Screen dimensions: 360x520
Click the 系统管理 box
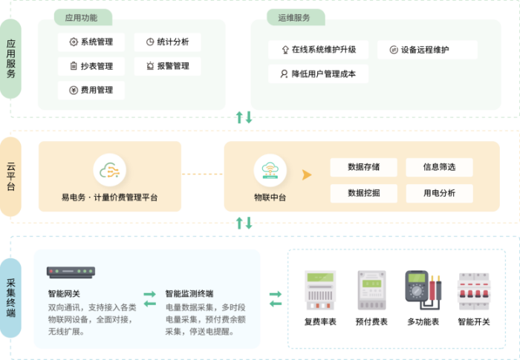(x=91, y=42)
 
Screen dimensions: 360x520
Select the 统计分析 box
(x=167, y=42)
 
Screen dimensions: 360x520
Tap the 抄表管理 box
(x=91, y=66)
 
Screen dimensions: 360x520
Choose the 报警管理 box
(x=167, y=66)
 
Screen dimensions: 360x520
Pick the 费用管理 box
(x=91, y=90)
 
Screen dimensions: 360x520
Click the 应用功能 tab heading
(x=82, y=17)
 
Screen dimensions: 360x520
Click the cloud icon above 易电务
(x=110, y=171)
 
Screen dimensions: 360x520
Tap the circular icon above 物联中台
(x=270, y=171)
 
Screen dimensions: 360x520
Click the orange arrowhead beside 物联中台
(x=305, y=175)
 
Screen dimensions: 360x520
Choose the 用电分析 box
(x=439, y=193)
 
